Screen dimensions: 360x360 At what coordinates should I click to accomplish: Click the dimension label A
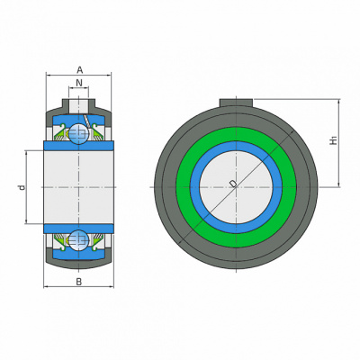click(x=79, y=70)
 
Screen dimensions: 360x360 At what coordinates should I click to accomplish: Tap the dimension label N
click(x=79, y=83)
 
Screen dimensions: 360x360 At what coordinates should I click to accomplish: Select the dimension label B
click(x=78, y=282)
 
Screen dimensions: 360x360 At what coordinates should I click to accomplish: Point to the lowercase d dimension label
click(x=22, y=188)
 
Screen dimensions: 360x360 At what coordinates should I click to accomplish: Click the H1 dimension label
click(x=334, y=140)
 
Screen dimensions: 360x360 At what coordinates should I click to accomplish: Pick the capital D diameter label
click(x=232, y=184)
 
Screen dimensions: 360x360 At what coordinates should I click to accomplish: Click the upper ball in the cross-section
click(x=79, y=133)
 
